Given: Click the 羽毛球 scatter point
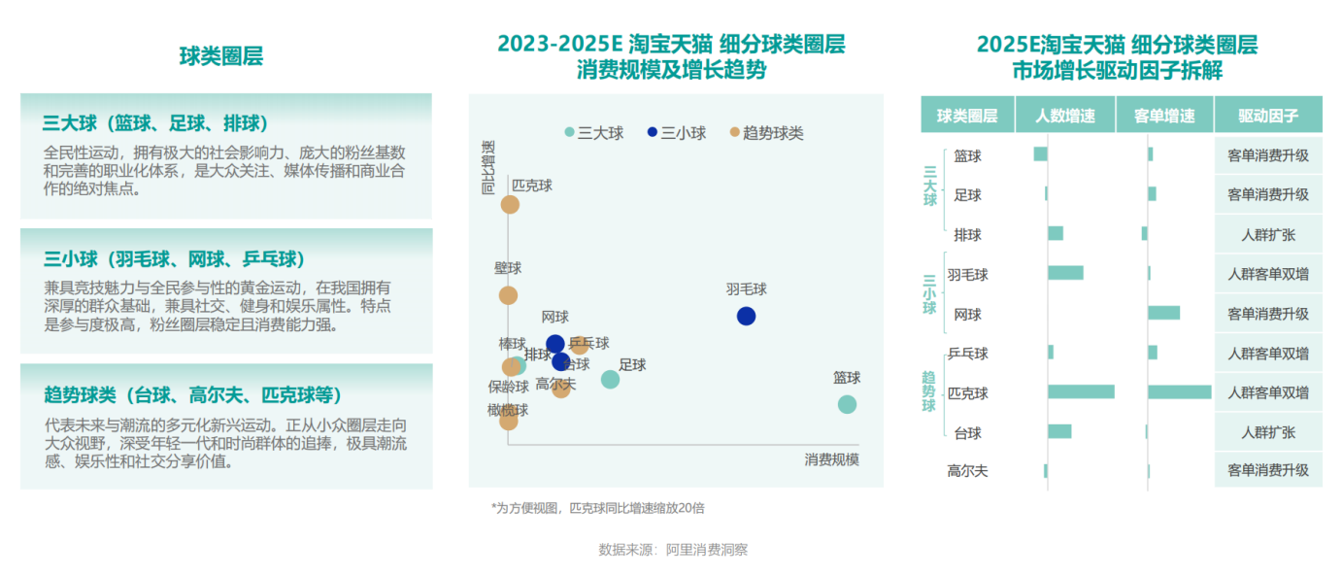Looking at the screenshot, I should pyautogui.click(x=746, y=316).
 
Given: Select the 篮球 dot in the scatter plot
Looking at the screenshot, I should pyautogui.click(x=847, y=404).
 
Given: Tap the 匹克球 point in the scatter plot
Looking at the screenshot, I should pyautogui.click(x=510, y=204).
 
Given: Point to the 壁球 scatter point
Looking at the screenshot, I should pyautogui.click(x=508, y=295).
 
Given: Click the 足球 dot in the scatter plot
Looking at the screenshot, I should pyautogui.click(x=610, y=379).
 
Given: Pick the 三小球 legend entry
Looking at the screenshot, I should pyautogui.click(x=677, y=133).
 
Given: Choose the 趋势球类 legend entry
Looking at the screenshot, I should pyautogui.click(x=766, y=133).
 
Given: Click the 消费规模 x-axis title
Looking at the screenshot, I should pyautogui.click(x=831, y=459).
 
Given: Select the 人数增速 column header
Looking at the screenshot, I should pyautogui.click(x=1065, y=116).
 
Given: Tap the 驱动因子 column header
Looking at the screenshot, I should pyautogui.click(x=1268, y=116).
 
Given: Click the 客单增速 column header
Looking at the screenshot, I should pyautogui.click(x=1164, y=116).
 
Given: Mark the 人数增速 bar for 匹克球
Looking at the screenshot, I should pyautogui.click(x=1081, y=392).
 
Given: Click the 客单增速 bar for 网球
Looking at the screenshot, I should pyautogui.click(x=1163, y=313).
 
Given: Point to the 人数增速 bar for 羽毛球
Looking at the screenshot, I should pyautogui.click(x=1065, y=273).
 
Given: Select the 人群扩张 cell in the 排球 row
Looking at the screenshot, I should pyautogui.click(x=1268, y=234).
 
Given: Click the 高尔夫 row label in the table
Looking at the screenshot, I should pyautogui.click(x=967, y=471).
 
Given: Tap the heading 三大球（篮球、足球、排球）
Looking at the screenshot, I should pyautogui.click(x=155, y=123).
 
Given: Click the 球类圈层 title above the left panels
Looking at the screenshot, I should pyautogui.click(x=221, y=56).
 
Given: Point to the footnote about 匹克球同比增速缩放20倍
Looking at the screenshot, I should pyautogui.click(x=597, y=508).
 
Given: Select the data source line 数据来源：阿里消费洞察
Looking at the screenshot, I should pyautogui.click(x=673, y=550).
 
